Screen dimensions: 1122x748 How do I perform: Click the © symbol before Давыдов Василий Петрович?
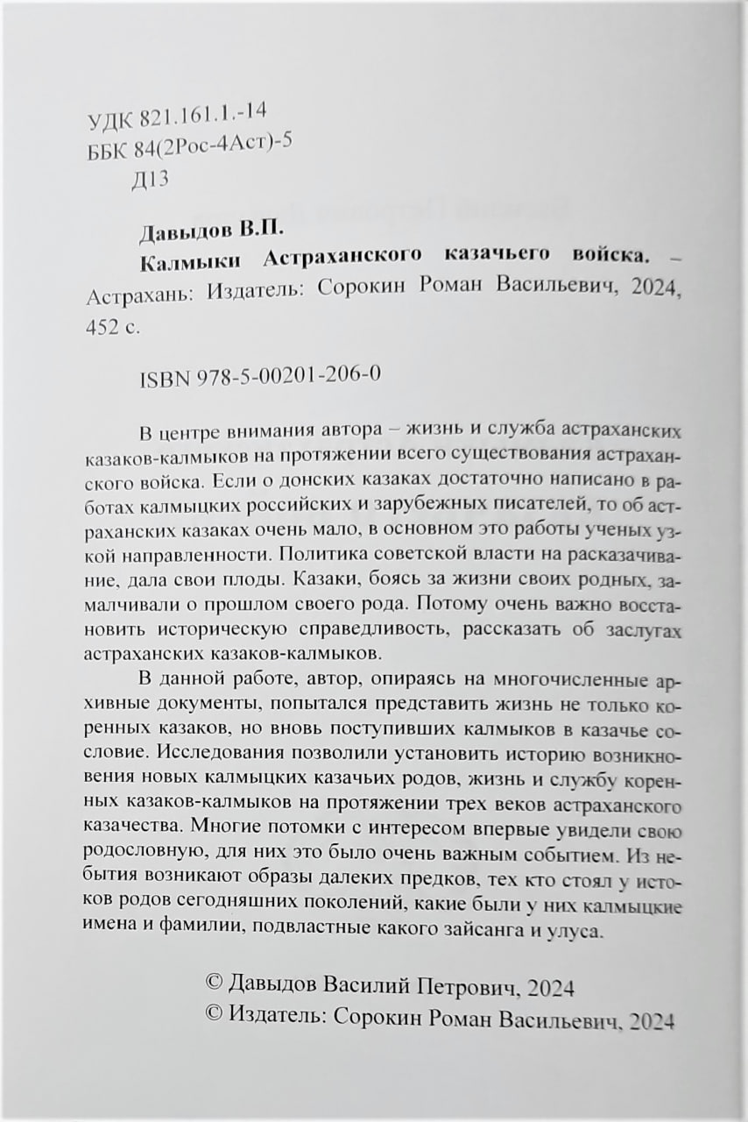(x=215, y=987)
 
